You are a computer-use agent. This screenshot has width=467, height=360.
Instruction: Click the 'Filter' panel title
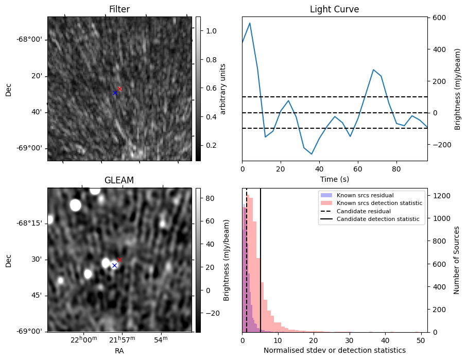119,9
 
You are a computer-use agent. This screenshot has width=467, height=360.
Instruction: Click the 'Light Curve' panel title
334,9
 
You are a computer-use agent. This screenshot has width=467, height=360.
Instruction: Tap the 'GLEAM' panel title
119,180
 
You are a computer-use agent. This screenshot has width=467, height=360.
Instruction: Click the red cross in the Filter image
119,89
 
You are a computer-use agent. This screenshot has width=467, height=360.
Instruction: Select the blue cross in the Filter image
115,93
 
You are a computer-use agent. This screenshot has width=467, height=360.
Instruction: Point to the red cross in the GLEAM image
119,260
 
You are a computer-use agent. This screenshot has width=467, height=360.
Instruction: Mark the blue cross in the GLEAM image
114,265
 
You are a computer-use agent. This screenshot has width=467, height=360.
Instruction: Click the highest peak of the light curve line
250,23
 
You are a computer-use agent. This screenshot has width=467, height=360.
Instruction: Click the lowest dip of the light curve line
312,153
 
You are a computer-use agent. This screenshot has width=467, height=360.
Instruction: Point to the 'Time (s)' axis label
334,178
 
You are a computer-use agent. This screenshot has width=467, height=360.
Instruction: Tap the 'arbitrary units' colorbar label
223,89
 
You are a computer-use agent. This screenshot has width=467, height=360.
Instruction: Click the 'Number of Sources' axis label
457,260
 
